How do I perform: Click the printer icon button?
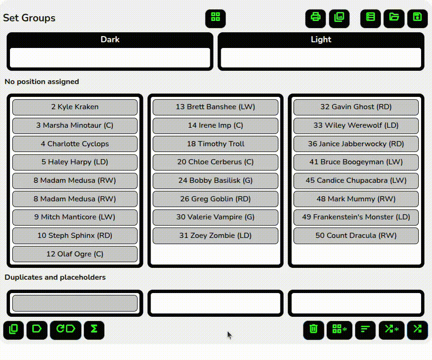(x=316, y=19)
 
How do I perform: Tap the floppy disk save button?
(x=417, y=19)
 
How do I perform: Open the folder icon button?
(x=394, y=19)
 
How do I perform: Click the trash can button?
(x=313, y=330)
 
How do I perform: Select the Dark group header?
(x=110, y=39)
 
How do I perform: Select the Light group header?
(x=321, y=39)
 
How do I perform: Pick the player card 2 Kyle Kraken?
(x=75, y=107)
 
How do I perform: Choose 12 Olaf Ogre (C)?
(x=75, y=254)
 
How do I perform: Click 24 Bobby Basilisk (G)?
(x=216, y=180)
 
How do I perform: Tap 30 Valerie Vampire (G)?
(x=216, y=217)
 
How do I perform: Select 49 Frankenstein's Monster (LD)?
(x=356, y=217)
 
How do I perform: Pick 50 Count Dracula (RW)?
(x=356, y=236)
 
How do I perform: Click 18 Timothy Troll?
(x=216, y=144)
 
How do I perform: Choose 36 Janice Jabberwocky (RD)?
(x=356, y=144)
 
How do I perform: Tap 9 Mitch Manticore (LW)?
(x=75, y=217)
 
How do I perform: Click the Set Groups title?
(x=29, y=18)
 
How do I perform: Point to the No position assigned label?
(x=42, y=82)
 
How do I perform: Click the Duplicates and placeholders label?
(x=55, y=277)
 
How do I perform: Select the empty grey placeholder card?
(x=75, y=303)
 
